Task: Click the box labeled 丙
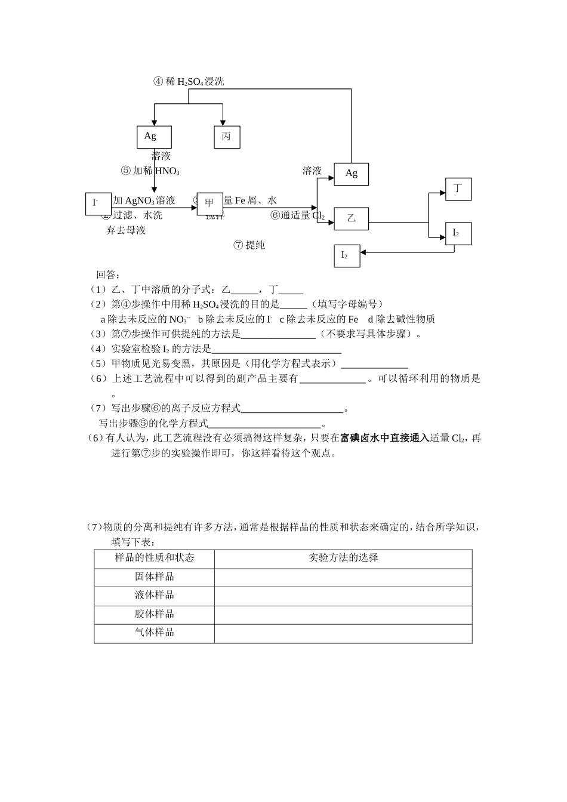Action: pos(227,137)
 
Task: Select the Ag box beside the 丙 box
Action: pos(154,137)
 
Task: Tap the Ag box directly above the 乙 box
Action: pos(351,174)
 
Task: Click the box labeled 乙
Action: pos(351,218)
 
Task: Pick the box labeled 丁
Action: pos(458,189)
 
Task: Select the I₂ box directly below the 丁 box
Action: pos(458,233)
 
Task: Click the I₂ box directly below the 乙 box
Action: pos(346,255)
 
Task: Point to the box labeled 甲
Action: pos(209,203)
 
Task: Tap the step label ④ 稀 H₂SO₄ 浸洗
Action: pos(189,82)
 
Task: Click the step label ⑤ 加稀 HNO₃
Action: pos(150,171)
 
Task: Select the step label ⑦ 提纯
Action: pos(249,245)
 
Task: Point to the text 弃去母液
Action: pos(126,230)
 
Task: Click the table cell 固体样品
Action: pos(154,577)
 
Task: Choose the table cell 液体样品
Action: pos(154,595)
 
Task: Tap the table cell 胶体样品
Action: pos(154,614)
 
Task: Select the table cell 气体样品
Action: pos(154,633)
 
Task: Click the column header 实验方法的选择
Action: pos(343,558)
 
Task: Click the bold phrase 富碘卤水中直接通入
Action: pos(384,438)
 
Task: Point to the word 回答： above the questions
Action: pos(109,275)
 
